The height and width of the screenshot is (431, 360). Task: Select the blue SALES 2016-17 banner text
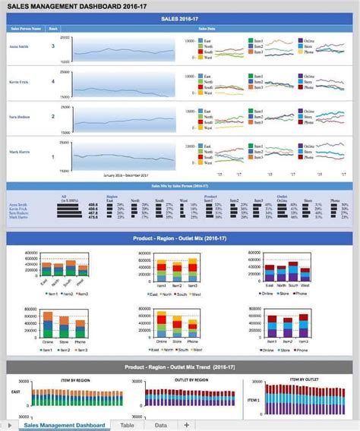point(179,18)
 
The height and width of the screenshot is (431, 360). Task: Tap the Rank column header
point(53,29)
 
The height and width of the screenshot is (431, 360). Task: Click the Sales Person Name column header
point(26,29)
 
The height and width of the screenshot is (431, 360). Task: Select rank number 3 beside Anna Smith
point(52,46)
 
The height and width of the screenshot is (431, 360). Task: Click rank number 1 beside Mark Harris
point(52,157)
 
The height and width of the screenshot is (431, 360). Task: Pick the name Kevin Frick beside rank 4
point(20,81)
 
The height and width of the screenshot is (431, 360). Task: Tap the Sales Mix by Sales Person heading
point(179,186)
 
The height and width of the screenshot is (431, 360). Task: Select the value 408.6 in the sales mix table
point(93,205)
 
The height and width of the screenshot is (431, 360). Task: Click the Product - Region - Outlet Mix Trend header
point(179,367)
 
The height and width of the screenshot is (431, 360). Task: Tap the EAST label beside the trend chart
point(16,392)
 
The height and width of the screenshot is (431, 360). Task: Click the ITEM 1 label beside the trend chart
point(253,399)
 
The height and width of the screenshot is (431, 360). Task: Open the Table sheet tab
point(127,425)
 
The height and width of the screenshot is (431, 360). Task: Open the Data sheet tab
point(160,425)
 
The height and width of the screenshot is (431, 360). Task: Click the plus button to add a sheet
point(187,425)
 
